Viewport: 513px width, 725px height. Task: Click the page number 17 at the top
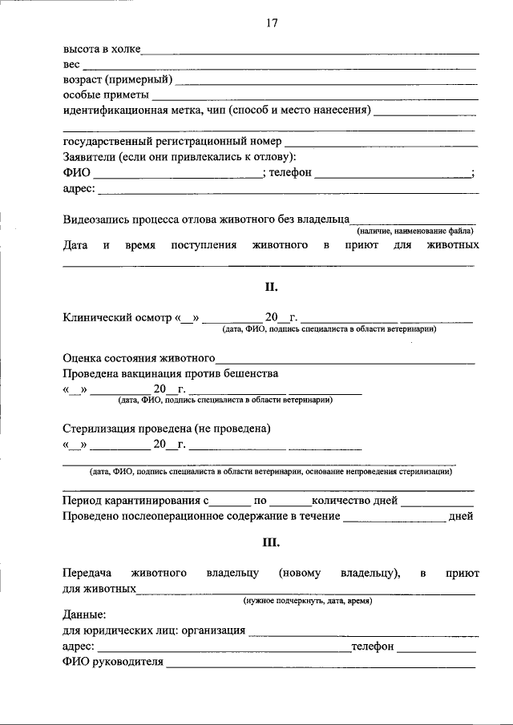(271, 23)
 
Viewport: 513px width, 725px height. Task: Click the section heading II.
(271, 286)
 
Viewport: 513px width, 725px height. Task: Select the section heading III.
(271, 542)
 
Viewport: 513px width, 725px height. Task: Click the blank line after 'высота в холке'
(309, 51)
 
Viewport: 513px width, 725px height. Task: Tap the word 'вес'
(71, 65)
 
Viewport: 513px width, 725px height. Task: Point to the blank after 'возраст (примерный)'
(326, 81)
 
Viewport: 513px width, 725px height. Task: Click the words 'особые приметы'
(98, 95)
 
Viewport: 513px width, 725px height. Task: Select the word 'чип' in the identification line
(238, 110)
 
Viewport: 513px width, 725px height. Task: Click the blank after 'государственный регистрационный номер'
(382, 143)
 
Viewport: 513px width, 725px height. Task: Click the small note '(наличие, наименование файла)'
(415, 231)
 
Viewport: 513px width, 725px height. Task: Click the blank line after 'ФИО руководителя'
(321, 664)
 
